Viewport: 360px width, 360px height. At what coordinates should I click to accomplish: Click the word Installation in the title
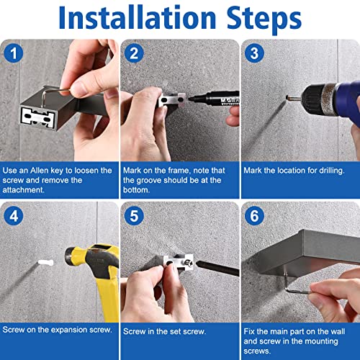point(138,17)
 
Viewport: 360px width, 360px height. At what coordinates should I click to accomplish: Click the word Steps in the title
point(264,19)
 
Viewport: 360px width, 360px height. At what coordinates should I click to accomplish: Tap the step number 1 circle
point(14,53)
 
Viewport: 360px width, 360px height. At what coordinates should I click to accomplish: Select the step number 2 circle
point(134,53)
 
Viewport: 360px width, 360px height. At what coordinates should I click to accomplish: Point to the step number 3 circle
point(254,53)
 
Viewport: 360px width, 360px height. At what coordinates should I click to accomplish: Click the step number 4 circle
point(14,216)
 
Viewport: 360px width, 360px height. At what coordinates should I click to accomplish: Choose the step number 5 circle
point(134,216)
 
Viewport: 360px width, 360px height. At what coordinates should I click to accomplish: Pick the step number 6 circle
point(254,216)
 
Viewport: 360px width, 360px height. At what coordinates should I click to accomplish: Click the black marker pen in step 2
point(214,99)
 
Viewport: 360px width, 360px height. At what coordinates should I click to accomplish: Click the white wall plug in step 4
point(45,262)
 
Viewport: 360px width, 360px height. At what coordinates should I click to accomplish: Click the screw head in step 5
point(189,264)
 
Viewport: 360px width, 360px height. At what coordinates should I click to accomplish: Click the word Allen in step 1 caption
point(40,171)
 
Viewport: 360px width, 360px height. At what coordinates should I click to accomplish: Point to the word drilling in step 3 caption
point(332,171)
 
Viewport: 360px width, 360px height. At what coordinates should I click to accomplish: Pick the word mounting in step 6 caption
point(321,341)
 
